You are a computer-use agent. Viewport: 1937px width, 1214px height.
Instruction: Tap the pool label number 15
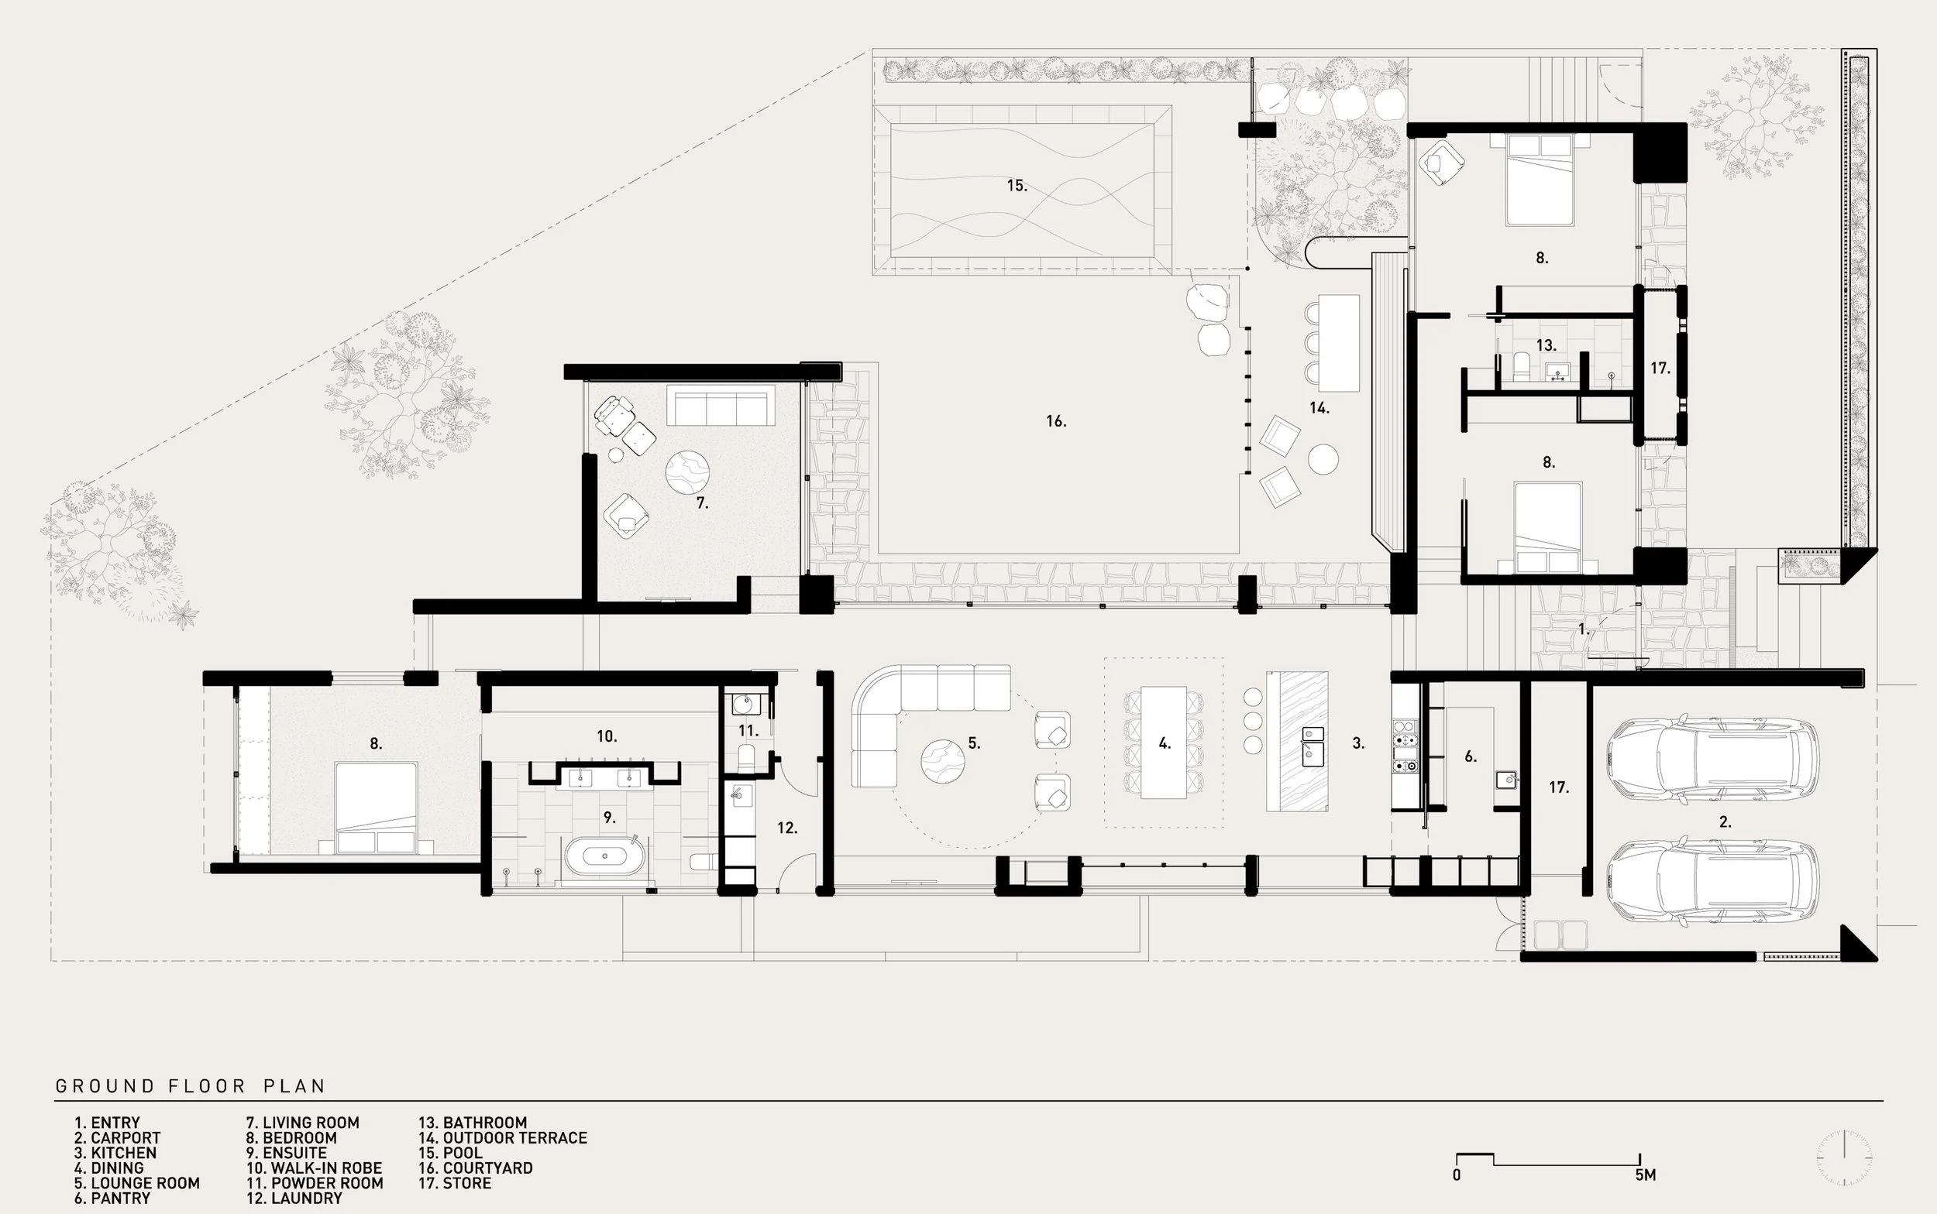(1017, 186)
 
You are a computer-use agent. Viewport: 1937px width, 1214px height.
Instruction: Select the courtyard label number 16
(1056, 420)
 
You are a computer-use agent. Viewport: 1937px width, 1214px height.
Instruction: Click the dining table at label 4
(1164, 742)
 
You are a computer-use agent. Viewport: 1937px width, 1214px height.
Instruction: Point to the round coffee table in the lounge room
(942, 761)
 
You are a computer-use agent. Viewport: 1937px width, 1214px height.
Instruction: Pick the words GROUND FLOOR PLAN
(191, 1086)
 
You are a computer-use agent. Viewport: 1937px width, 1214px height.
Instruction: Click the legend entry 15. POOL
(450, 1153)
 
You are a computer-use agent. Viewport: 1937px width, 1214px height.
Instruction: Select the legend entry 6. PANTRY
(112, 1198)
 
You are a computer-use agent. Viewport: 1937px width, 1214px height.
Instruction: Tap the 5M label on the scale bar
(1646, 1175)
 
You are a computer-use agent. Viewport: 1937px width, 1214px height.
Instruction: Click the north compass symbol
(1846, 1157)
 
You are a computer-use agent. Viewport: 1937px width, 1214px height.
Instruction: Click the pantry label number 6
(1471, 756)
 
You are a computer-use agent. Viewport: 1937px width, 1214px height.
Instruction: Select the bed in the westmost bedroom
(376, 807)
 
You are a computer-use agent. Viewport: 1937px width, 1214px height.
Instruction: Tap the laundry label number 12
(786, 828)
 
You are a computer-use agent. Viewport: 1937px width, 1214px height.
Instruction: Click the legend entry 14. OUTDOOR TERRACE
(503, 1137)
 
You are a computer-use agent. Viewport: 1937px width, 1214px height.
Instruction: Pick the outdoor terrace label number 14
(1319, 408)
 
